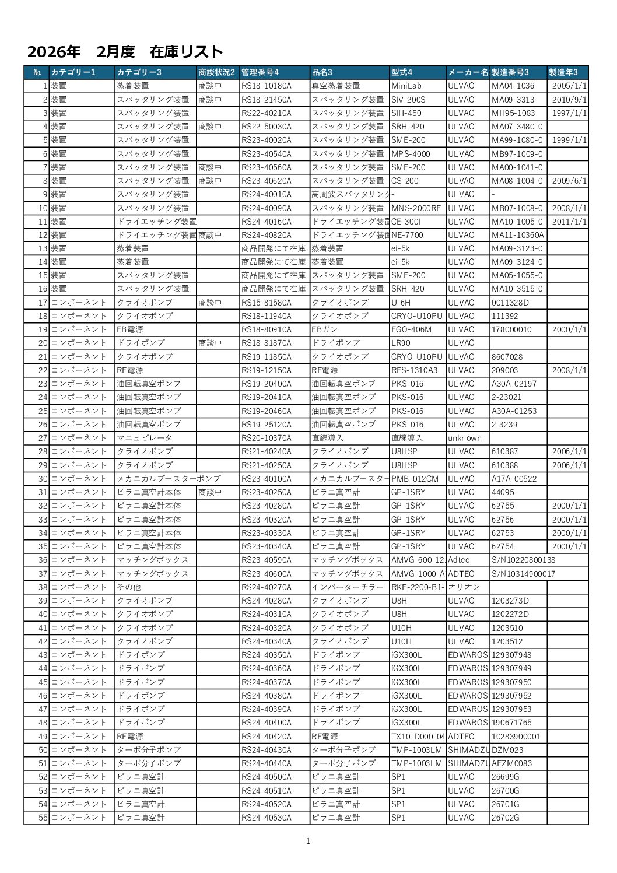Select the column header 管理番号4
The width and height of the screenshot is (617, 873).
tap(260, 72)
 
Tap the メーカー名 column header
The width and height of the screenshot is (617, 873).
tap(468, 72)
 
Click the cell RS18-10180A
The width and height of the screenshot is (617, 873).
tap(266, 86)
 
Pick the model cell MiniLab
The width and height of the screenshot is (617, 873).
tap(406, 86)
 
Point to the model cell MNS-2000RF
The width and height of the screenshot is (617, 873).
tap(416, 208)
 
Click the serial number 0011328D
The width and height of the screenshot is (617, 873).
tap(510, 303)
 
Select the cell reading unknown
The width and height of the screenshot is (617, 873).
tap(465, 438)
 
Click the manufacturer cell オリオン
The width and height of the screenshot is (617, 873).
tap(464, 587)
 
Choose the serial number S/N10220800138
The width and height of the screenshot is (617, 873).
tap(523, 560)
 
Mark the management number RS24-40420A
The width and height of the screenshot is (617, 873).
tap(266, 737)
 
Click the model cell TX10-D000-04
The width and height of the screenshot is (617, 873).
tap(418, 737)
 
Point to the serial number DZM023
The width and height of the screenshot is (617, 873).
tap(507, 750)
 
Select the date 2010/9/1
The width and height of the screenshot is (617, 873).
tap(569, 100)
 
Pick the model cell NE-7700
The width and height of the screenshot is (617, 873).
tap(407, 235)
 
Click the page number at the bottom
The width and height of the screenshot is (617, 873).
tap(308, 841)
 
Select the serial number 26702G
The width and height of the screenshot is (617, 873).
tap(505, 818)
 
